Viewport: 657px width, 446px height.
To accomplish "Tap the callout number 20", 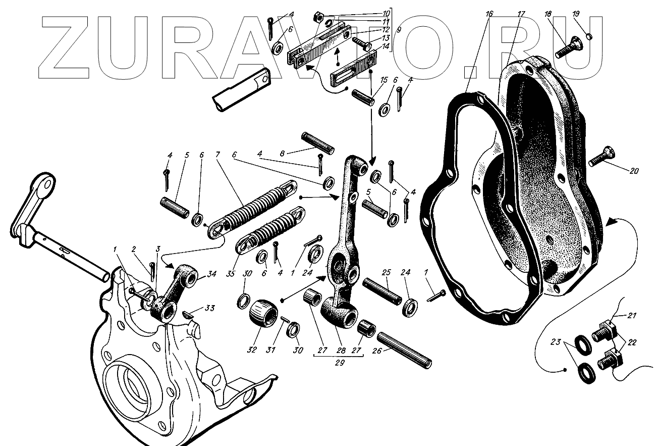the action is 634,171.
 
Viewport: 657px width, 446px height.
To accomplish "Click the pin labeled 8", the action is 317,142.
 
